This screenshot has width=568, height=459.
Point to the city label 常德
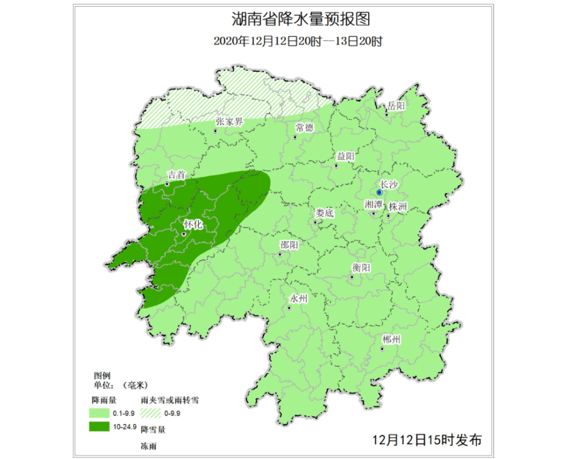(x=304, y=128)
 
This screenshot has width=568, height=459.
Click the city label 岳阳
(x=396, y=106)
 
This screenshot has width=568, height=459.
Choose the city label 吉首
(x=177, y=175)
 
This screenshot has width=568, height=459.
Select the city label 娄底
(x=324, y=213)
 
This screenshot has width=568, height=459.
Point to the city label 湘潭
(x=374, y=205)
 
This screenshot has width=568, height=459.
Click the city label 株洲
(x=398, y=207)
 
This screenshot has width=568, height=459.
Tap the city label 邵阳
(x=289, y=245)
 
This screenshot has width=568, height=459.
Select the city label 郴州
(x=392, y=340)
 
